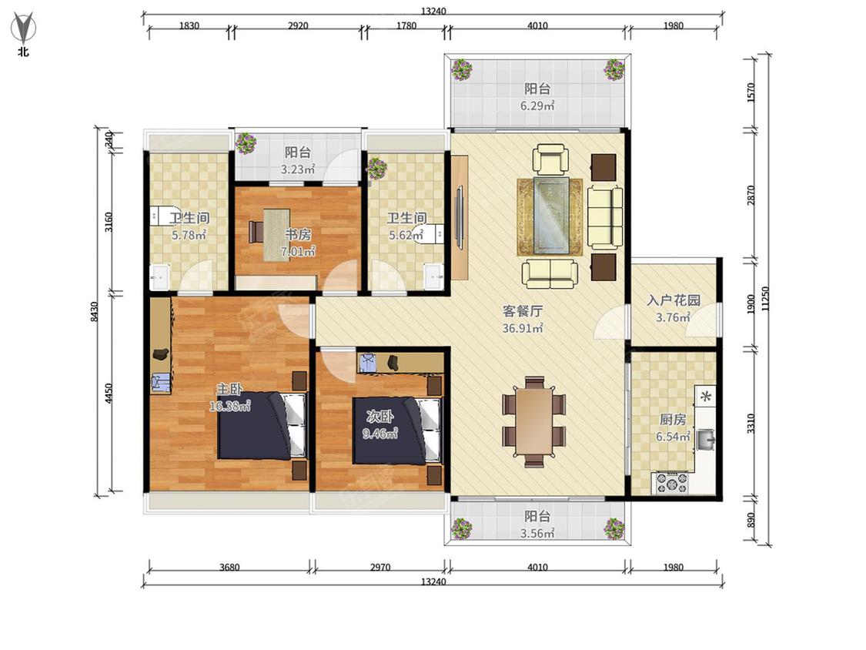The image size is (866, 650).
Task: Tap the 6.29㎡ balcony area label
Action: pyautogui.click(x=537, y=106)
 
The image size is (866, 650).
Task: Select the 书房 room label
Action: pyautogui.click(x=298, y=234)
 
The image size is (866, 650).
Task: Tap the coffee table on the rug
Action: pyautogui.click(x=550, y=216)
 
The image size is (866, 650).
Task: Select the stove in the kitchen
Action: pyautogui.click(x=671, y=483)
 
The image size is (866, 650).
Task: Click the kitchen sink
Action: pyautogui.click(x=705, y=440)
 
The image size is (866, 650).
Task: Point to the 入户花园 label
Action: pyautogui.click(x=674, y=300)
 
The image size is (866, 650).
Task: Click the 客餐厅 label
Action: pyautogui.click(x=522, y=311)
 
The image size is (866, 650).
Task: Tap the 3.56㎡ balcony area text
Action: pyautogui.click(x=537, y=534)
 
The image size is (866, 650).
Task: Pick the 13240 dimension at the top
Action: pyautogui.click(x=433, y=11)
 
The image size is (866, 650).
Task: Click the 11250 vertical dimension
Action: pyautogui.click(x=765, y=299)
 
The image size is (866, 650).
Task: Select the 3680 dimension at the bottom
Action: pyautogui.click(x=229, y=567)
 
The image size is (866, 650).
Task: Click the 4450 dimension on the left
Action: pyautogui.click(x=109, y=393)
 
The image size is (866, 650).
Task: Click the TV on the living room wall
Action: pyautogui.click(x=460, y=217)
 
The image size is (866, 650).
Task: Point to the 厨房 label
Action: pyautogui.click(x=674, y=420)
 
